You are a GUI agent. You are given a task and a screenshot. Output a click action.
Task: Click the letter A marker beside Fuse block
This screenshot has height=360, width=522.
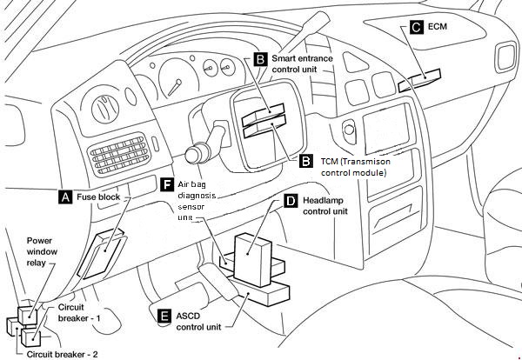coord(64,197)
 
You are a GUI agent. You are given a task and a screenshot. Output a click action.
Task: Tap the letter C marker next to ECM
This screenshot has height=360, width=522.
coord(417,28)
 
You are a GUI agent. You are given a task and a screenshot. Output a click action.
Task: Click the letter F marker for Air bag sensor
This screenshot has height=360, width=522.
coord(167,184)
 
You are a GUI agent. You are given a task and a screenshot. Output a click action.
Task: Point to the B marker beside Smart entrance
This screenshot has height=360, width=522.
coord(260,59)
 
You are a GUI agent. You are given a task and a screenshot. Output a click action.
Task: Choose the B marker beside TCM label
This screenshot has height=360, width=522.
coord(305,161)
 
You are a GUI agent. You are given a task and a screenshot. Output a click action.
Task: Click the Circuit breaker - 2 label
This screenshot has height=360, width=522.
coord(62,354)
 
